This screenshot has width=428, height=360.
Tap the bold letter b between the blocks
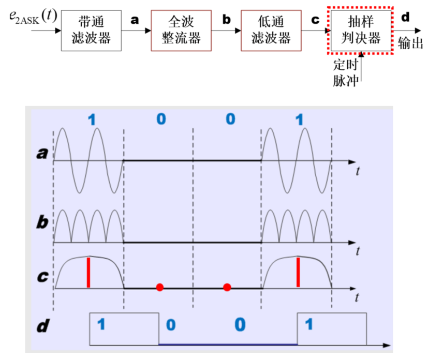226,20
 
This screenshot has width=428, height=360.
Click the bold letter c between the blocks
315,20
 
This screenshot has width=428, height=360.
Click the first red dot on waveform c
160,287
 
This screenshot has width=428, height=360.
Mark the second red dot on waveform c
227,287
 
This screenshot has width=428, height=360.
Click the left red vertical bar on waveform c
88,272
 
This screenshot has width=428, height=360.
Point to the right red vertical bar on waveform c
298,272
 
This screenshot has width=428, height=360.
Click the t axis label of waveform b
358,252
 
